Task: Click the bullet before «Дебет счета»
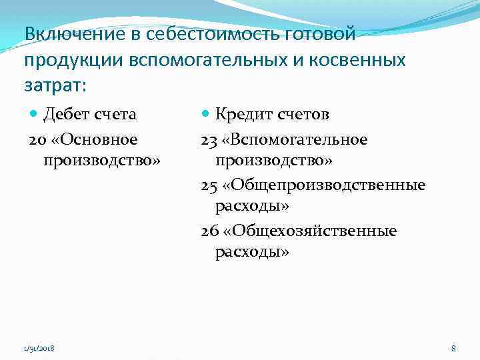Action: tap(34, 115)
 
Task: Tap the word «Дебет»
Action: tap(66, 114)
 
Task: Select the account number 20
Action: tap(37, 139)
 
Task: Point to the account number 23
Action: tap(209, 139)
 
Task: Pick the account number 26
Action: tap(209, 231)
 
